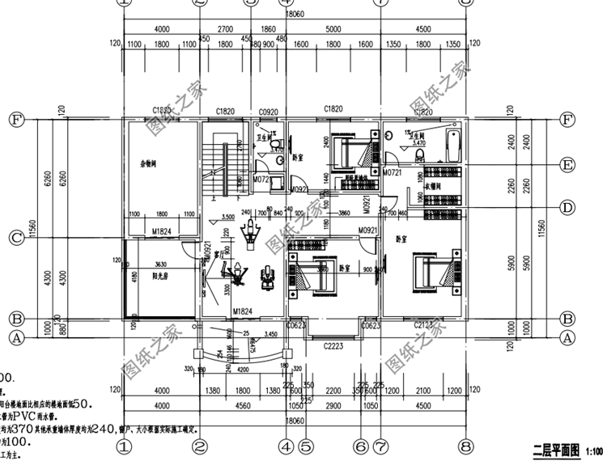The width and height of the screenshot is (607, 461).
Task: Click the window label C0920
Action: [x=268, y=111]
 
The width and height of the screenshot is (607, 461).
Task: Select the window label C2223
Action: [x=333, y=345]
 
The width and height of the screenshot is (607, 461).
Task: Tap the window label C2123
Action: [x=423, y=325]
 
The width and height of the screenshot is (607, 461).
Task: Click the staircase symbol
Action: [x=216, y=166]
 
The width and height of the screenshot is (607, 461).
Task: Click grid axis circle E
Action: [x=567, y=165]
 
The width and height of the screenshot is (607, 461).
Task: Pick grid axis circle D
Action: [x=567, y=208]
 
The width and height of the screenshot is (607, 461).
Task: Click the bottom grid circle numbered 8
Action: [x=465, y=446]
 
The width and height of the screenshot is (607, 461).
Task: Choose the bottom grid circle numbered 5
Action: [x=305, y=446]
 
